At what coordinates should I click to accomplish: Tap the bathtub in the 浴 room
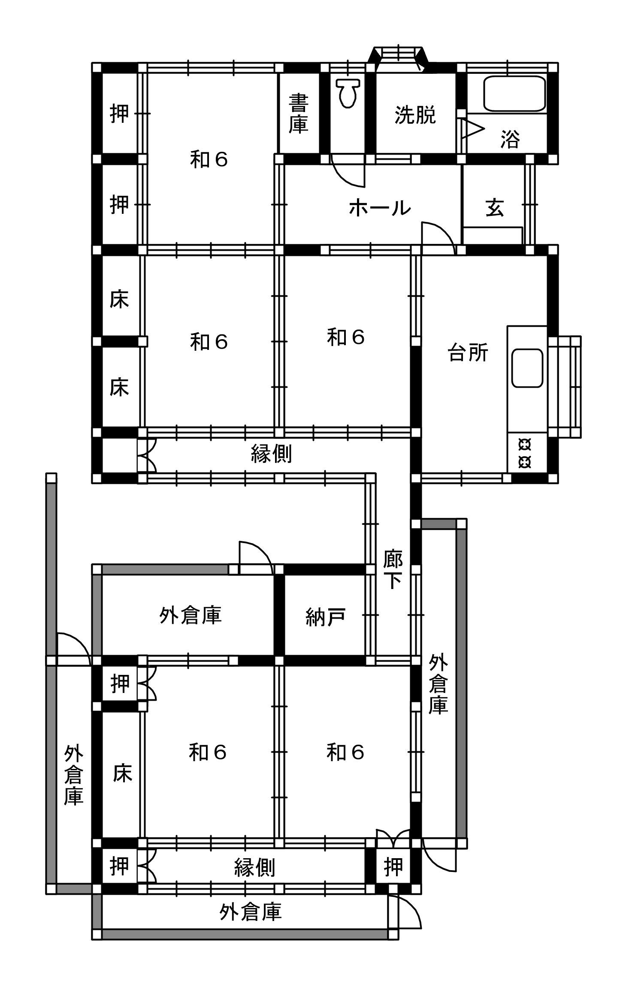click(x=514, y=94)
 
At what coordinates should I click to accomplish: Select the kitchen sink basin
click(x=527, y=368)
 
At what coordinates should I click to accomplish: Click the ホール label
click(x=380, y=208)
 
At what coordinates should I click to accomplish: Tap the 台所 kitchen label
click(x=468, y=353)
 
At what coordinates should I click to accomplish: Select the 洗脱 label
click(x=415, y=115)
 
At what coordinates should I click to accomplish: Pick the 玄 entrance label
click(x=495, y=208)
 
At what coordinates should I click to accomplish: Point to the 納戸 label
click(x=325, y=617)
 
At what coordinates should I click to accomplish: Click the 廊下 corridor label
click(x=393, y=569)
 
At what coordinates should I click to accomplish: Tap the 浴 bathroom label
click(x=510, y=139)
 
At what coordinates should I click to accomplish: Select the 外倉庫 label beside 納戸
click(x=190, y=615)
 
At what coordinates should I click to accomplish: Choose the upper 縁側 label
click(x=271, y=454)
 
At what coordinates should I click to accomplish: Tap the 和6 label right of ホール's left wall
click(x=345, y=337)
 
